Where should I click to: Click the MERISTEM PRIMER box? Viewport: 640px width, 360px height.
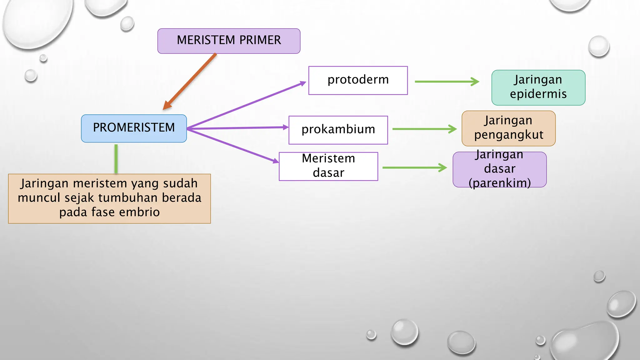tap(229, 41)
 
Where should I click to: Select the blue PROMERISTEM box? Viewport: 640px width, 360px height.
tap(134, 128)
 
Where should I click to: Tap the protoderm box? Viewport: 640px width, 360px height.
tap(358, 80)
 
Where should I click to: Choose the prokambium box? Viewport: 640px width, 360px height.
tap(338, 130)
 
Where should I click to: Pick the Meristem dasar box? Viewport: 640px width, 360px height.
tap(328, 166)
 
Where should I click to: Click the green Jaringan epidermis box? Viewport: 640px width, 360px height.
tap(538, 87)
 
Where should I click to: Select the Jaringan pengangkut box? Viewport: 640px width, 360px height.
tap(508, 128)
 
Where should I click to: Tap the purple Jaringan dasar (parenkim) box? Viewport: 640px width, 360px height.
tap(499, 169)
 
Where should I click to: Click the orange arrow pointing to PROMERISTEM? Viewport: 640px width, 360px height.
tap(189, 82)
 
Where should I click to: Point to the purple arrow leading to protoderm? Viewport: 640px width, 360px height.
tap(247, 105)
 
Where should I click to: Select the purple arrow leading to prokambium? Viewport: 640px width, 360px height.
tap(237, 128)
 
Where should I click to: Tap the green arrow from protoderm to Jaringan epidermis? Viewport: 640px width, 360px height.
tap(447, 82)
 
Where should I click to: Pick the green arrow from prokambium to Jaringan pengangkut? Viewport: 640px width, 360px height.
tap(424, 129)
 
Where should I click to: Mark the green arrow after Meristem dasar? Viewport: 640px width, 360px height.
tap(414, 167)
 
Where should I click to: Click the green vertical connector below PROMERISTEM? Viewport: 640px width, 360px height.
tap(116, 158)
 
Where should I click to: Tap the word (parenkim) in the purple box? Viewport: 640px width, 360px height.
tap(499, 183)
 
